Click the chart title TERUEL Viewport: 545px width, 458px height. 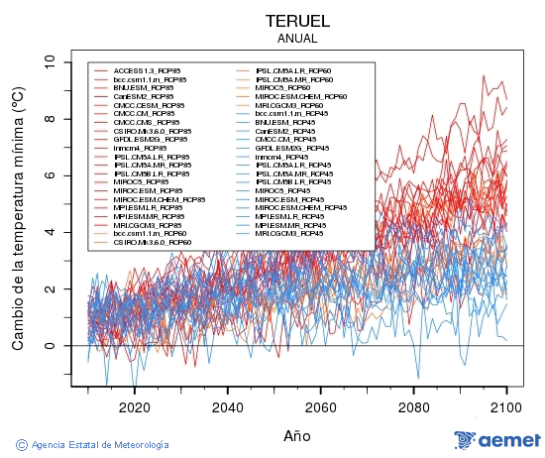click(x=297, y=20)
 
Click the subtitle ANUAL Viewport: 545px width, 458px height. click(x=297, y=38)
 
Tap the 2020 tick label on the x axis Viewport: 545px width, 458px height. click(x=135, y=406)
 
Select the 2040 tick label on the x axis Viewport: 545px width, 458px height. click(x=228, y=406)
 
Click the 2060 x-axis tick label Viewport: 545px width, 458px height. click(x=321, y=406)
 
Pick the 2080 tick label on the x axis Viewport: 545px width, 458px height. click(x=414, y=406)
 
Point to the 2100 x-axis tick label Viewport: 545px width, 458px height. click(x=506, y=406)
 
